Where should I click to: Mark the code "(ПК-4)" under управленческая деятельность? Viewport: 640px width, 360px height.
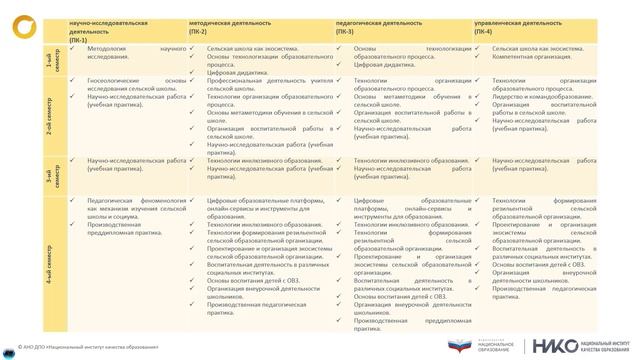[483, 30]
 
